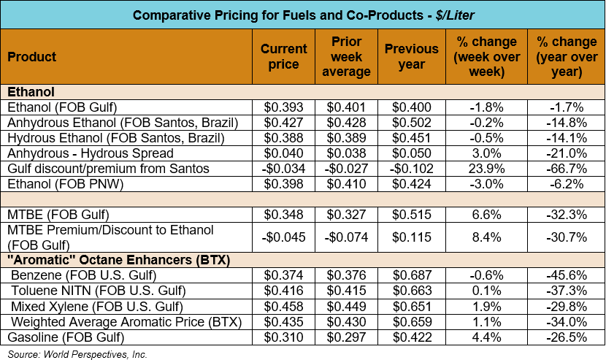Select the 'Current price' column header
tap(284, 56)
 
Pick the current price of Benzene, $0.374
tap(284, 275)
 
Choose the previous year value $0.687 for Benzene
tap(412, 275)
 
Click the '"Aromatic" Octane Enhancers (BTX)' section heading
tap(107, 259)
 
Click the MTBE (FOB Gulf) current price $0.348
tap(284, 215)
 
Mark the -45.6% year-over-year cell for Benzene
tap(567, 275)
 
